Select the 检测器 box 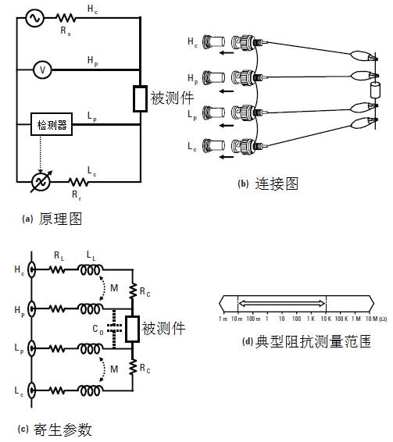[x=50, y=126]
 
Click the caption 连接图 [x=279, y=184]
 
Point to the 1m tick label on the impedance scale [x=221, y=319]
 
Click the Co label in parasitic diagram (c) [x=98, y=329]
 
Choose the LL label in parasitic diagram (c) [x=95, y=255]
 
